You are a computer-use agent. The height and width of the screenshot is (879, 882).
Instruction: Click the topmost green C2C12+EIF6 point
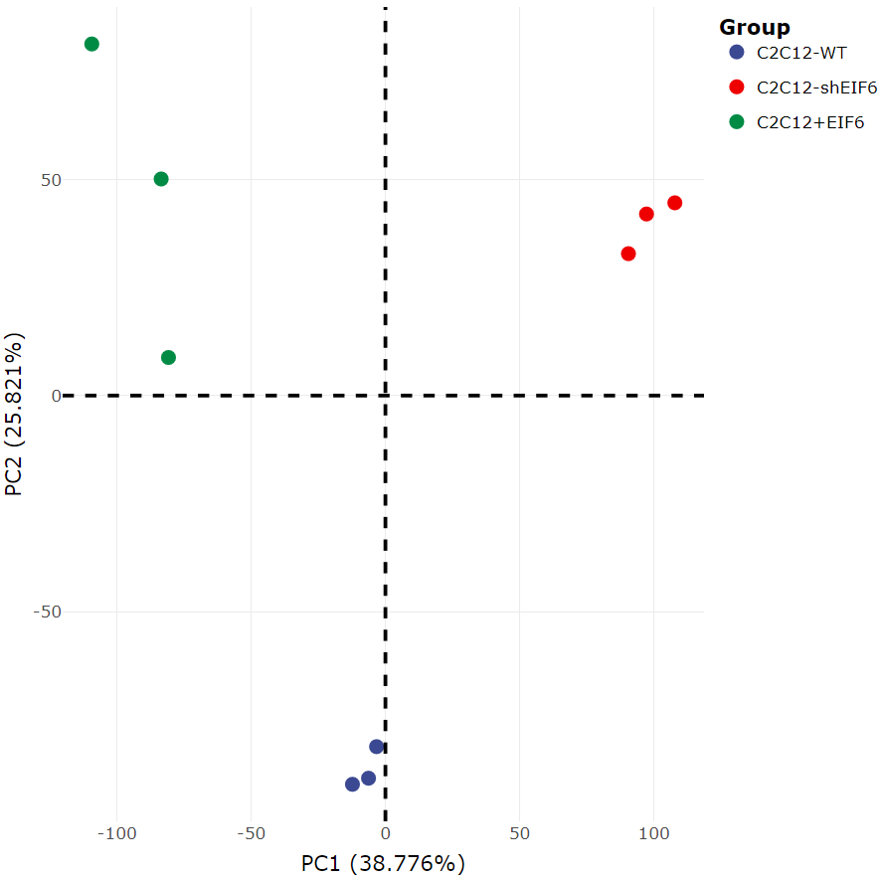pos(91,44)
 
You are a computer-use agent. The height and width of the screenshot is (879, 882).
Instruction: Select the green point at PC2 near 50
pos(161,179)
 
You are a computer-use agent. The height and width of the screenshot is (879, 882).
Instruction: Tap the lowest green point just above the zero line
pos(168,358)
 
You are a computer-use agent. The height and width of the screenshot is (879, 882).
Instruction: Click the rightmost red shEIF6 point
pos(674,203)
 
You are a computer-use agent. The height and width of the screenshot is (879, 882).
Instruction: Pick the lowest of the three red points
pos(628,254)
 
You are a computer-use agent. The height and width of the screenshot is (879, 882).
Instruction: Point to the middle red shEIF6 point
pos(646,214)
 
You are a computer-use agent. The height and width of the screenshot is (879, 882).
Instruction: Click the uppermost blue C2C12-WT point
pos(377,747)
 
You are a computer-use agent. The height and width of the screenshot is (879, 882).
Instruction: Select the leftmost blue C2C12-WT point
pos(352,785)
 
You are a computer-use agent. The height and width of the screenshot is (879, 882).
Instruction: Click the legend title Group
pos(755,28)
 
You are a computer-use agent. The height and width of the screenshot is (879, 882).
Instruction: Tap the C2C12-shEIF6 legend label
pos(816,88)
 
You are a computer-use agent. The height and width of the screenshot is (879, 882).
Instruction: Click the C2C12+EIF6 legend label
pos(810,122)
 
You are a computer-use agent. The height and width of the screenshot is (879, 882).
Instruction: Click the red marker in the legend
pos(737,88)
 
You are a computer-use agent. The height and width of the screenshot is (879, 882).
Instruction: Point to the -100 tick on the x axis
pos(117,831)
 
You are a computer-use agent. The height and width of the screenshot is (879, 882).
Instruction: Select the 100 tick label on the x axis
pos(653,831)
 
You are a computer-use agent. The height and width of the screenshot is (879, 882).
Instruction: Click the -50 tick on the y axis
pos(45,612)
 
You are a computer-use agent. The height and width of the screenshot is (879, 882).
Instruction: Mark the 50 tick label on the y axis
pos(50,180)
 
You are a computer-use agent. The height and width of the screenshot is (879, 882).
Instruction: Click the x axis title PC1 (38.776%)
pos(383,863)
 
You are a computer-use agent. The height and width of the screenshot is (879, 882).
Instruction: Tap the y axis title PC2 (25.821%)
pos(15,415)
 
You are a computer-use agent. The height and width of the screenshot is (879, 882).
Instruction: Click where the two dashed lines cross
pos(385,396)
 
